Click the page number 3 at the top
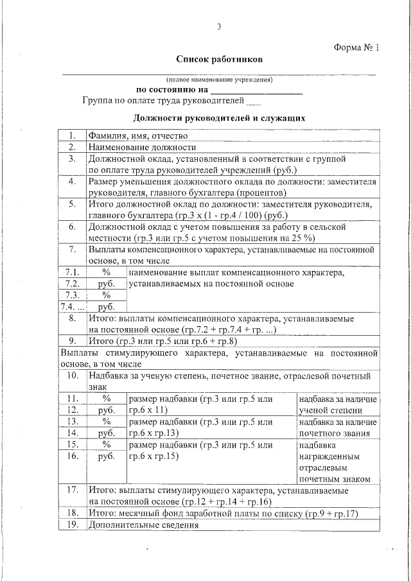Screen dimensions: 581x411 click(x=219, y=27)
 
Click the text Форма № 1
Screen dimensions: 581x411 click(x=357, y=48)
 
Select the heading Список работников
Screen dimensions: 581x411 click(x=220, y=59)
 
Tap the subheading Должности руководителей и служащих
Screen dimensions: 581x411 click(x=218, y=118)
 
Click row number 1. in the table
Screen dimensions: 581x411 click(x=73, y=135)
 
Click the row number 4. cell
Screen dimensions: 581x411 click(x=73, y=182)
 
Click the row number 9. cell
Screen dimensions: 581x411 click(x=73, y=340)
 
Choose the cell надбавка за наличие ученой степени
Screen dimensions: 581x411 click(x=338, y=404)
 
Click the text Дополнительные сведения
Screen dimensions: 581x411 click(x=143, y=525)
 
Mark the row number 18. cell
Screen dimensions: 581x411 click(x=73, y=513)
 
